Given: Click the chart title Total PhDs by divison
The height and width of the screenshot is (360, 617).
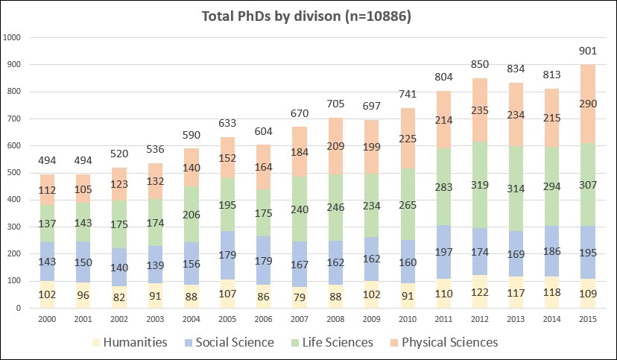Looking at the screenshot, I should [x=308, y=15].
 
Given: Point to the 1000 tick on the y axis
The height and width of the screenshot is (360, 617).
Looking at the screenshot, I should [x=13, y=37].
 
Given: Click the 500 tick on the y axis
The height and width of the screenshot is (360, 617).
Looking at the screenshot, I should [x=16, y=173].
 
